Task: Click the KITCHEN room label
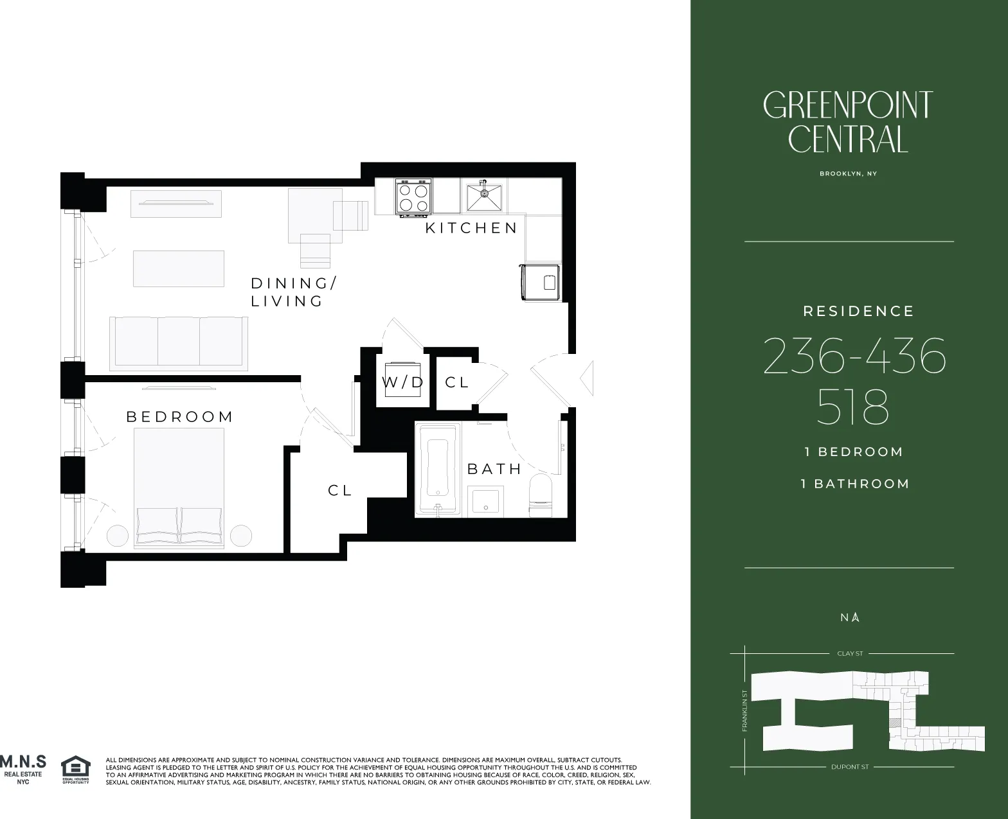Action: [471, 228]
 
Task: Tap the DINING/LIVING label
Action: [293, 292]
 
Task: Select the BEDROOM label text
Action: [180, 417]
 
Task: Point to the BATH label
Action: [494, 469]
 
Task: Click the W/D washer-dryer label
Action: [403, 383]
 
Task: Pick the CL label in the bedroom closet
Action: [340, 490]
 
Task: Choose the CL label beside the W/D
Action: [457, 383]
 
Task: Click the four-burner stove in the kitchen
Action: [413, 197]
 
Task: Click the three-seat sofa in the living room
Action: [179, 342]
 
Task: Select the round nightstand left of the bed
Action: [117, 536]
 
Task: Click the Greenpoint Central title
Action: [848, 122]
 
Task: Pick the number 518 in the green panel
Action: [852, 407]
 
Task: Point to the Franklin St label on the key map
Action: [745, 710]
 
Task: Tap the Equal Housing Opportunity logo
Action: [75, 770]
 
